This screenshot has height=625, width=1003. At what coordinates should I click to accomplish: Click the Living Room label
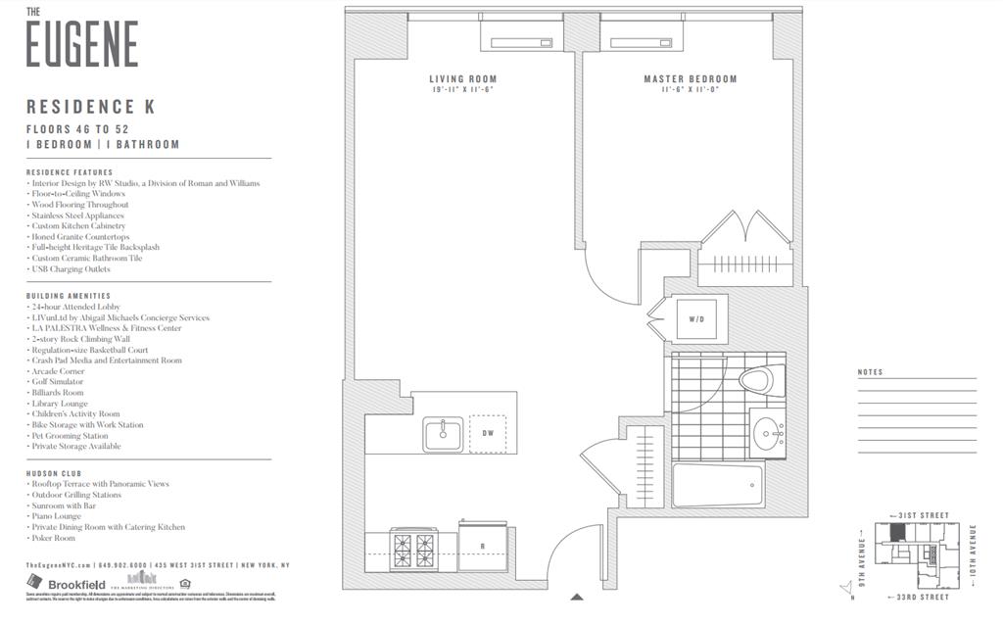(x=462, y=79)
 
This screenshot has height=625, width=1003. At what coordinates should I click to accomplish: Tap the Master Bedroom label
(x=690, y=79)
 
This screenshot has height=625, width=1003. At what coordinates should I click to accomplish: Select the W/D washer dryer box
(x=696, y=318)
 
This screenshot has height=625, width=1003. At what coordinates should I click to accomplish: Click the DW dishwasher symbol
(x=488, y=433)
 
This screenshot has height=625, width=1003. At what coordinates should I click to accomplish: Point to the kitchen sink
(x=443, y=434)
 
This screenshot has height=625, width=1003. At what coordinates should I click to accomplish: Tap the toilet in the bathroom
(x=757, y=379)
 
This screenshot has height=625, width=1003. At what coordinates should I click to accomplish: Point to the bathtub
(x=717, y=486)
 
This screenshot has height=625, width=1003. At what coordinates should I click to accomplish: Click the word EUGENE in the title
(x=81, y=45)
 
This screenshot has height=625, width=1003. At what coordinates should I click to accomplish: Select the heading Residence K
(x=90, y=107)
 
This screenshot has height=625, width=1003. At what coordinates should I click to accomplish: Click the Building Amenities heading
(x=69, y=296)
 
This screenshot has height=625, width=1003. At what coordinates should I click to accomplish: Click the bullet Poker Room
(x=54, y=538)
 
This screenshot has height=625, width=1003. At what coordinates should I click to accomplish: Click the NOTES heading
(x=870, y=372)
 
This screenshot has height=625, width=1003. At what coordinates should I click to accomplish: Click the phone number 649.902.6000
(x=123, y=565)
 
